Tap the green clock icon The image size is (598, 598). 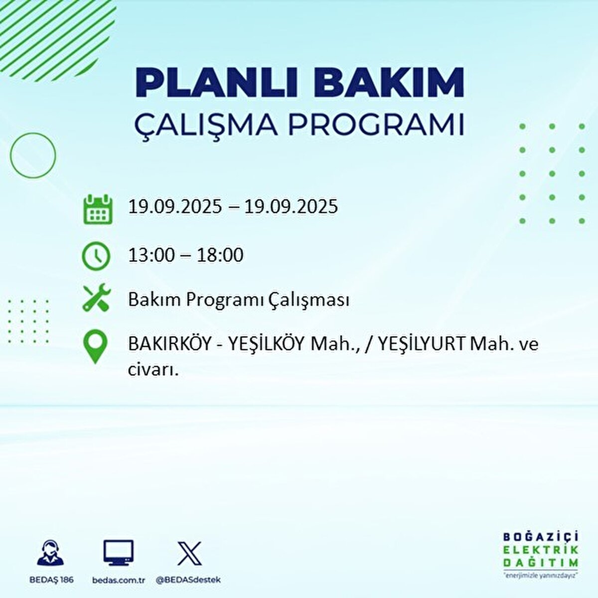point(96,256)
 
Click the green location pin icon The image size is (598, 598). point(95,347)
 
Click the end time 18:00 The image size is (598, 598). point(219,256)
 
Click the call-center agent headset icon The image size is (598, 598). point(50,554)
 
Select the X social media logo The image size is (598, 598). point(189,554)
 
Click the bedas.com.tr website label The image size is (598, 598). point(119,580)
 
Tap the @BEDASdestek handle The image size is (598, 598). point(188,580)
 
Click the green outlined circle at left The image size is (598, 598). point(33,155)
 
